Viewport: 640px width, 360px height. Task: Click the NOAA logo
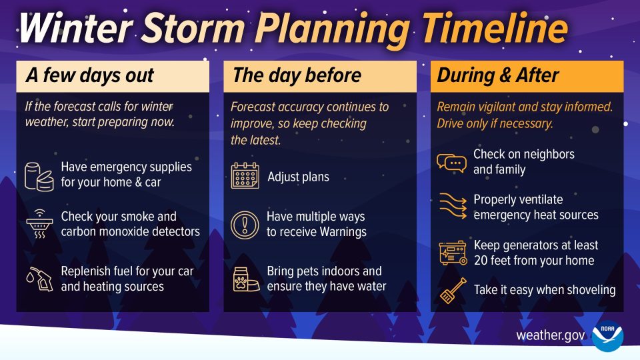click(607, 335)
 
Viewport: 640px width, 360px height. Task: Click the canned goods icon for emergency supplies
click(39, 175)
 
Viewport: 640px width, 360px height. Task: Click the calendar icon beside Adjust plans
click(245, 176)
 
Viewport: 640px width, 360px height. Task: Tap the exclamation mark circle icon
click(245, 225)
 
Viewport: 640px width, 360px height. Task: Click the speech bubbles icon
click(451, 162)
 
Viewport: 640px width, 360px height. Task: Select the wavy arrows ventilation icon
click(451, 207)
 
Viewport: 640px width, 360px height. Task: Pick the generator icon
click(451, 253)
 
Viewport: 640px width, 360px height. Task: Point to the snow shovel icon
click(451, 291)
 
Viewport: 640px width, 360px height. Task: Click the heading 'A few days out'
click(89, 76)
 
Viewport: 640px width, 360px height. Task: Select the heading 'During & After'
click(497, 76)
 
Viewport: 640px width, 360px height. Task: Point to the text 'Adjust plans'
click(298, 177)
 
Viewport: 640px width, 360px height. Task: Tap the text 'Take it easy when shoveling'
click(545, 290)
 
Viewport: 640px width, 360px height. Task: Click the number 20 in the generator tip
click(481, 260)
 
